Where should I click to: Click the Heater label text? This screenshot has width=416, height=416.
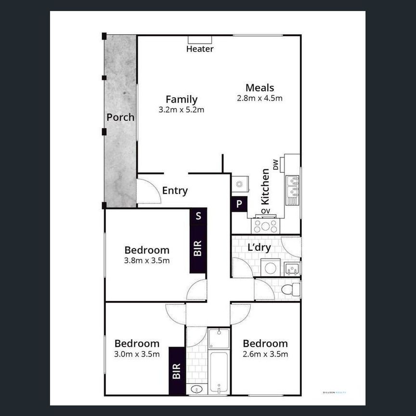[x=200, y=49]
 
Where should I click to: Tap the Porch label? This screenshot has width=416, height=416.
[x=120, y=117]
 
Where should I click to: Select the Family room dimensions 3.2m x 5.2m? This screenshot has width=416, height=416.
[x=182, y=110]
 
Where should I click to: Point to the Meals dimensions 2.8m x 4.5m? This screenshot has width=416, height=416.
[x=260, y=98]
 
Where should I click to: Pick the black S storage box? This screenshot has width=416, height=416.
[x=198, y=216]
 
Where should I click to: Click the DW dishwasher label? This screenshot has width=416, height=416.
[x=276, y=165]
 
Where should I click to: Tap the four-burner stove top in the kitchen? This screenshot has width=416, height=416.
[x=266, y=225]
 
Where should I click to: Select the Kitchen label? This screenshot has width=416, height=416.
[x=265, y=186]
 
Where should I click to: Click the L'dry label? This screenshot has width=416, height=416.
[x=259, y=248]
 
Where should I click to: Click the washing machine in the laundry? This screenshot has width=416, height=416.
[x=271, y=268]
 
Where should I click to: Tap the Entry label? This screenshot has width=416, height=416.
[x=175, y=191]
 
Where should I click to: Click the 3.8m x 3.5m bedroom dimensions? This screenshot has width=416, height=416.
[x=147, y=261]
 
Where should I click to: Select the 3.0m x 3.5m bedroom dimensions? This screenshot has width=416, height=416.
[x=137, y=354]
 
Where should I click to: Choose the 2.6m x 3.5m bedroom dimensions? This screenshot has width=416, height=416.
[x=265, y=354]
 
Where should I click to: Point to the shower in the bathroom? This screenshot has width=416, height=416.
[x=219, y=338]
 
